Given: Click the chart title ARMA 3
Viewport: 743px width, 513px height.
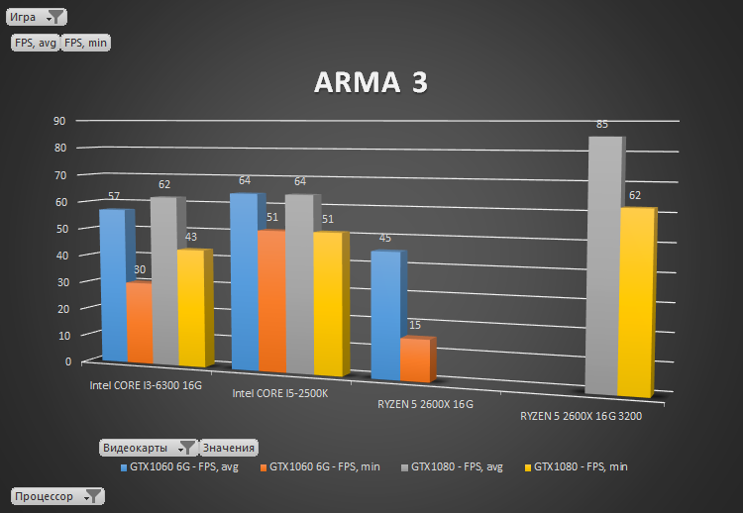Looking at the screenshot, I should coord(371,83).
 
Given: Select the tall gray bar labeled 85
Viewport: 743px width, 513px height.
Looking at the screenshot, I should coord(603,267).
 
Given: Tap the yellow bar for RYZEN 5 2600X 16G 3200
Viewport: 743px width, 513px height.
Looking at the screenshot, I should coord(636,302).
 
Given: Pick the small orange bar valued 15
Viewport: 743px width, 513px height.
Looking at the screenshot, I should coord(415,359).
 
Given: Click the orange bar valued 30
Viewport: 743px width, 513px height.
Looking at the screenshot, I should coord(139,323).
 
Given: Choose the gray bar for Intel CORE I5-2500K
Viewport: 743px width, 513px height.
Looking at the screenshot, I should coord(298,283).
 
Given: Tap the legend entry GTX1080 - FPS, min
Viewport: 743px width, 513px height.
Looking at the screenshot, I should coord(580,466).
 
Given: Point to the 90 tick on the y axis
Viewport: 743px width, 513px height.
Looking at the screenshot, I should coord(59,121).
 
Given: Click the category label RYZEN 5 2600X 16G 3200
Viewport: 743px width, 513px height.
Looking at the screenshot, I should coord(581,417).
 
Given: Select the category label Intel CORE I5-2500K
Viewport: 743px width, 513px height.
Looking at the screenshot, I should coord(279,393).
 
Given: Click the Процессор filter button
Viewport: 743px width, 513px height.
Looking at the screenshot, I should coord(56,496).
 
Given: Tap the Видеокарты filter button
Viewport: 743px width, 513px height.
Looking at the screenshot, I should coord(149,448).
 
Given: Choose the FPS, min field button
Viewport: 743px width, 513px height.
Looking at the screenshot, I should coord(86,43).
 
